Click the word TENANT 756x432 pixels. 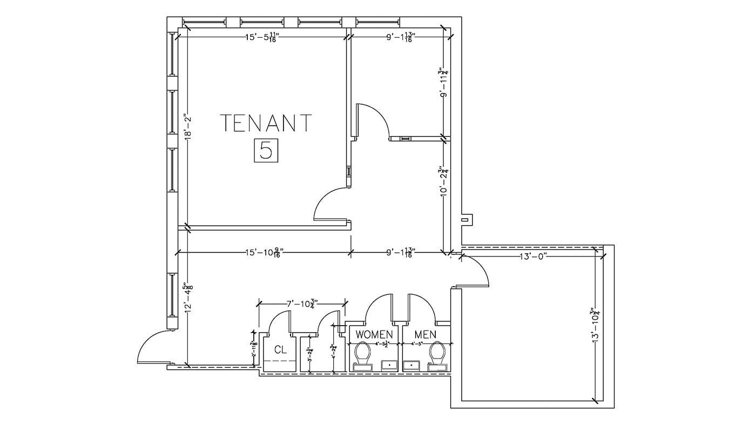(x=266, y=123)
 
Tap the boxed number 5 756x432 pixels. (x=266, y=150)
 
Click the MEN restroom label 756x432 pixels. (x=425, y=335)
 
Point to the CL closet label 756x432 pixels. (x=280, y=349)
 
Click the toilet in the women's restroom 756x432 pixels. (x=362, y=354)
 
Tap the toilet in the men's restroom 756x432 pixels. (x=437, y=354)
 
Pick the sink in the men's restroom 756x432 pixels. (x=412, y=366)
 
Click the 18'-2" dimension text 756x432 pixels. (x=188, y=127)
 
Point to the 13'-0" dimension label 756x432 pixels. (x=534, y=256)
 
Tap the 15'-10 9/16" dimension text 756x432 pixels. (x=265, y=252)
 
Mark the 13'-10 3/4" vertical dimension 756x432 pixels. (x=595, y=325)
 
